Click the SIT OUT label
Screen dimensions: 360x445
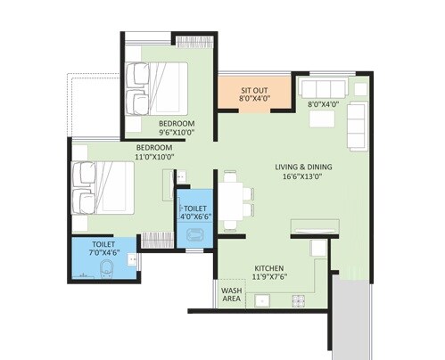tap(255, 90)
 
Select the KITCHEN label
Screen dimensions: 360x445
tap(268, 267)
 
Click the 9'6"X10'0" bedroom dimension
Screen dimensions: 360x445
tap(177, 132)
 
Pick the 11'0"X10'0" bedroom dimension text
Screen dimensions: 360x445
tap(155, 157)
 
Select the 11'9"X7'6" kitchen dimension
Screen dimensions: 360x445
tap(268, 278)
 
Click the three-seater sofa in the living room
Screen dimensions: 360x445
tap(323, 87)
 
